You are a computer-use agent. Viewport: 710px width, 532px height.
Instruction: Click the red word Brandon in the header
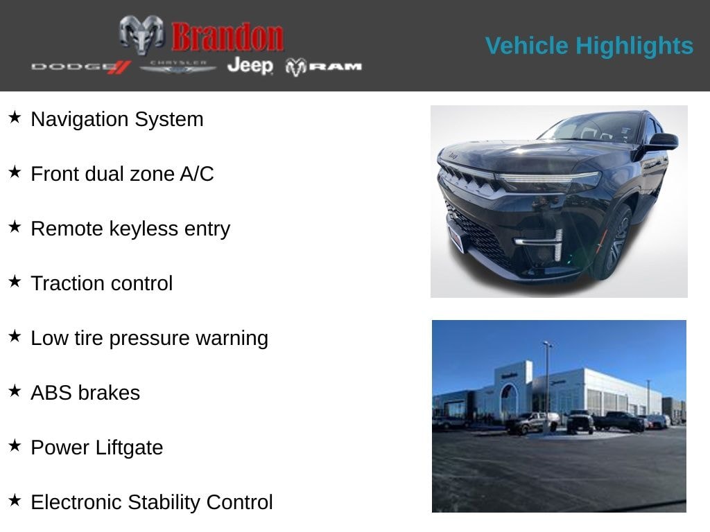227,37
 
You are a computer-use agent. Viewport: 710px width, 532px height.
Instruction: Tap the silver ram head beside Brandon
141,34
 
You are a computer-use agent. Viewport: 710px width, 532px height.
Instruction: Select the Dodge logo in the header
81,67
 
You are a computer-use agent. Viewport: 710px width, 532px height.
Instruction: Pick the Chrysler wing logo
178,67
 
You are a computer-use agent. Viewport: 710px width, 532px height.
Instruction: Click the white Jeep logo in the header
250,66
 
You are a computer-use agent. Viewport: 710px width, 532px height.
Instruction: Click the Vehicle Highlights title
589,46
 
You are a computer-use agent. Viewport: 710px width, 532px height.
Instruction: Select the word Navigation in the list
80,120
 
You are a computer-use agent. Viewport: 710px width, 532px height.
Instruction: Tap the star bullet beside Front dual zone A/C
15,172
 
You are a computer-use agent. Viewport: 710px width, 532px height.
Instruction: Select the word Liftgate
129,448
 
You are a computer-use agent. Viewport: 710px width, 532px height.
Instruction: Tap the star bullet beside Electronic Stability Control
15,500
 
